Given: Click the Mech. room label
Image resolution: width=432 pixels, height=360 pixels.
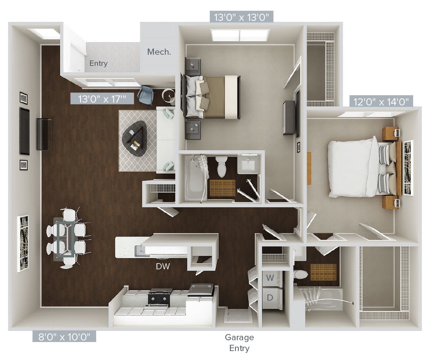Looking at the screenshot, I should tap(159, 52).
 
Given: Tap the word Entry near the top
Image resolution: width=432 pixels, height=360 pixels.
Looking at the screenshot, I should tap(99, 64).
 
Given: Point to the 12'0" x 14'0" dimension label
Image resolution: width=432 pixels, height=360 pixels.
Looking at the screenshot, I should tap(382, 102).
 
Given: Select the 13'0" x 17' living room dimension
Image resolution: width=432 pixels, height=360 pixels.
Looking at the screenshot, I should tap(102, 99).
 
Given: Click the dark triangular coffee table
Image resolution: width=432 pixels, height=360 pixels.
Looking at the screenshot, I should tap(135, 138).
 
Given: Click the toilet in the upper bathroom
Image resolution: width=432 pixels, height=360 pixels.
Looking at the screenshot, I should tap(221, 166).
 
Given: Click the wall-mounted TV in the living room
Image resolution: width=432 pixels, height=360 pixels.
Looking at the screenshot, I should tap(25, 131).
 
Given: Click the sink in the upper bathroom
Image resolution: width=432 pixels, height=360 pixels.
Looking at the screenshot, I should tap(247, 164).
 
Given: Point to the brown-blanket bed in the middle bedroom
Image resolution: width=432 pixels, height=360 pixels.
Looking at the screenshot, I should tap(215, 97).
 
